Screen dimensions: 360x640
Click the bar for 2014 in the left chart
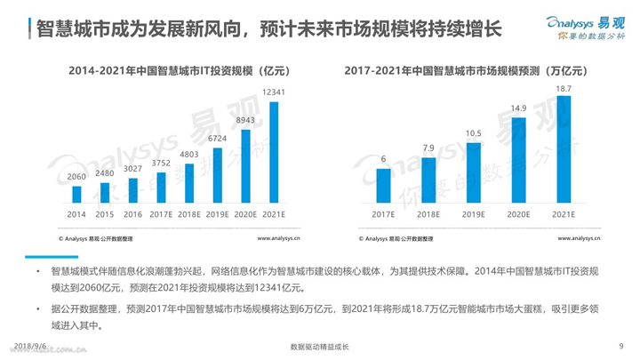(76, 195)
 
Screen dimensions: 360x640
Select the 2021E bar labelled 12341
(273, 153)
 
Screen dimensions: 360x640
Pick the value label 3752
(161, 163)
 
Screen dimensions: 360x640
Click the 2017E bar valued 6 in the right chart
(384, 185)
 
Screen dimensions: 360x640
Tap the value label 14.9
(518, 108)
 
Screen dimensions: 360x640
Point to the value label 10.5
(474, 133)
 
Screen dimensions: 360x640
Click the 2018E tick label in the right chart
(428, 214)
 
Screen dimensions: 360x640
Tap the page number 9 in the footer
(619, 346)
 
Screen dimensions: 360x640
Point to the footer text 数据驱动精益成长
(320, 347)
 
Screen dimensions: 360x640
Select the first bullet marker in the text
(37, 269)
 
